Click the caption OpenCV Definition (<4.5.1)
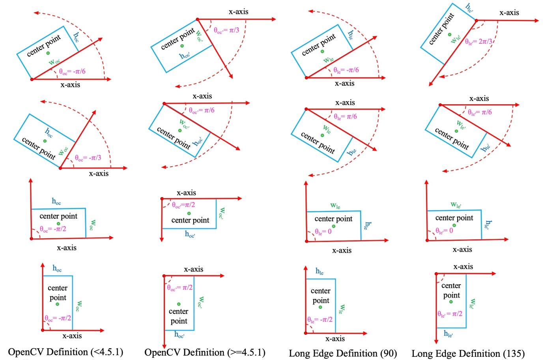[65, 352]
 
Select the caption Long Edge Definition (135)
[468, 353]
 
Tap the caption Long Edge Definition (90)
[343, 353]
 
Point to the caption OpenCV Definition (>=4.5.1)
[205, 352]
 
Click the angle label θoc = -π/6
[72, 71]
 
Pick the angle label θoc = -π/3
[88, 158]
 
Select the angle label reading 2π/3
[478, 41]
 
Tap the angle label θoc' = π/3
[226, 30]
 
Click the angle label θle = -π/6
[346, 70]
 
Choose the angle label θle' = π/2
[450, 314]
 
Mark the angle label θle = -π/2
[320, 319]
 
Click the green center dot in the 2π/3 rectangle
[450, 34]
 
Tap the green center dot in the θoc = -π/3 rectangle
[45, 141]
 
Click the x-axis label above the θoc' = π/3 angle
[239, 11]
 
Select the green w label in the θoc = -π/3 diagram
[63, 151]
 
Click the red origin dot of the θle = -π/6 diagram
[307, 78]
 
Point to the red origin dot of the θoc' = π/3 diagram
[198, 19]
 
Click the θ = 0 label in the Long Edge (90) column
[323, 231]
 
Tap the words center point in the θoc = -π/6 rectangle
[44, 46]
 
